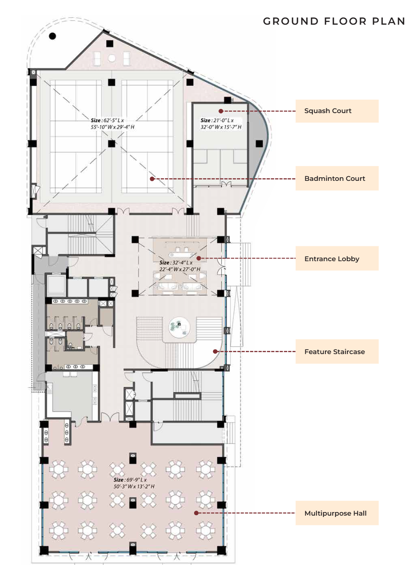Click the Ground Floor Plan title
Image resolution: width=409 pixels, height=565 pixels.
pyautogui.click(x=334, y=21)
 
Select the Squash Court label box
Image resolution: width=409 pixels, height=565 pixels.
pyautogui.click(x=337, y=111)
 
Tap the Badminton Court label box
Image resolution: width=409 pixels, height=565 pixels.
pyautogui.click(x=337, y=178)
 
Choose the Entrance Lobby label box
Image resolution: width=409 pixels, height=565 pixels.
pyautogui.click(x=337, y=258)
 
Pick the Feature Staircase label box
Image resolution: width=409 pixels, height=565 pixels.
pyautogui.click(x=337, y=351)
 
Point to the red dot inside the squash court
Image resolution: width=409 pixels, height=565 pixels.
pyautogui.click(x=221, y=111)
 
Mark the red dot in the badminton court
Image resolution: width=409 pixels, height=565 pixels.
pyautogui.click(x=152, y=179)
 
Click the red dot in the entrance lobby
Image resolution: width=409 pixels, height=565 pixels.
pyautogui.click(x=199, y=258)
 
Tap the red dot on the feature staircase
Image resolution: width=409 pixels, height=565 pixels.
pyautogui.click(x=215, y=351)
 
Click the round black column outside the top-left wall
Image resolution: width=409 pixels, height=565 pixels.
pyautogui.click(x=52, y=36)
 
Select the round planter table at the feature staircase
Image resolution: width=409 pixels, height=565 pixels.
pyautogui.click(x=180, y=327)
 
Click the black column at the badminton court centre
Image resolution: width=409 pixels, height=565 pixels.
pyautogui.click(x=111, y=144)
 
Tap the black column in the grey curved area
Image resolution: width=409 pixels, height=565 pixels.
pyautogui.click(x=259, y=144)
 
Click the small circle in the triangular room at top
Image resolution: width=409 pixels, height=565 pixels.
pyautogui.click(x=111, y=58)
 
